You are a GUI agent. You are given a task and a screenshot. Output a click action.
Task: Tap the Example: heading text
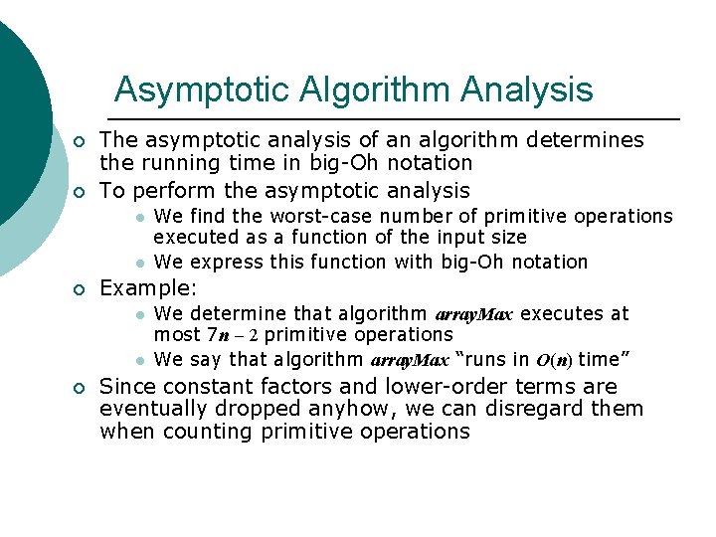click(x=149, y=288)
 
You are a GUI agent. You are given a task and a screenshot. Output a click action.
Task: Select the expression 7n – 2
click(x=233, y=335)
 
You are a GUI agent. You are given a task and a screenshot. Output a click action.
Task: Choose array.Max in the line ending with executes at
click(x=474, y=315)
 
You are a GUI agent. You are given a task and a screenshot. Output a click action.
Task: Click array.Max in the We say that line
click(x=409, y=360)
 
